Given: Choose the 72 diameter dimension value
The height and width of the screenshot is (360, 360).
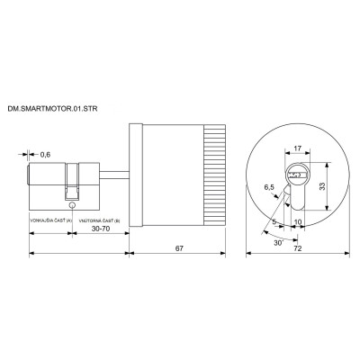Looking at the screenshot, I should (296, 246).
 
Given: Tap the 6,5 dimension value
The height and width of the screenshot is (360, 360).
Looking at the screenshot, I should (268, 187).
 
